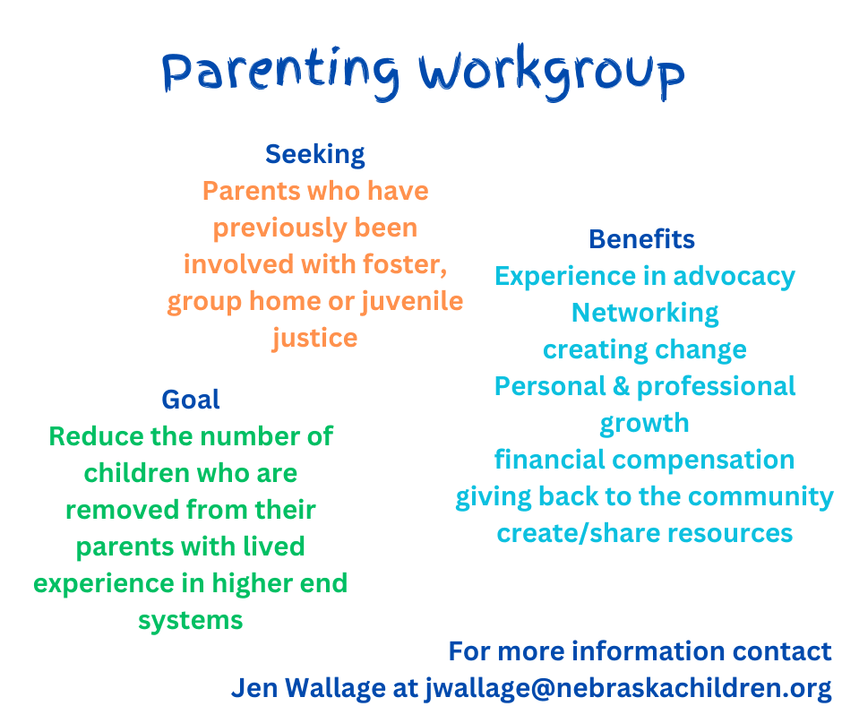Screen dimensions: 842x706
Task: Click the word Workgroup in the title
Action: [x=552, y=73]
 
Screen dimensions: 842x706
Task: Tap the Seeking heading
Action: [x=315, y=155]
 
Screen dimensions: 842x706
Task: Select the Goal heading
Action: [x=191, y=400]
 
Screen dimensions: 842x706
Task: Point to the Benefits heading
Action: [x=641, y=239]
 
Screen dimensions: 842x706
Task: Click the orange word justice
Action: [x=314, y=339]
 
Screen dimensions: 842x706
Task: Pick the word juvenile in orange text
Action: [x=412, y=301]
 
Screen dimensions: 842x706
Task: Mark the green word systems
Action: [x=191, y=621]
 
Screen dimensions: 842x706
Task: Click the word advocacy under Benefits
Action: [x=735, y=277]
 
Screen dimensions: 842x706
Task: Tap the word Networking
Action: [x=645, y=314]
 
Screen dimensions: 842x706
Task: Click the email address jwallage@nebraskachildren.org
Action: [x=629, y=688]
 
